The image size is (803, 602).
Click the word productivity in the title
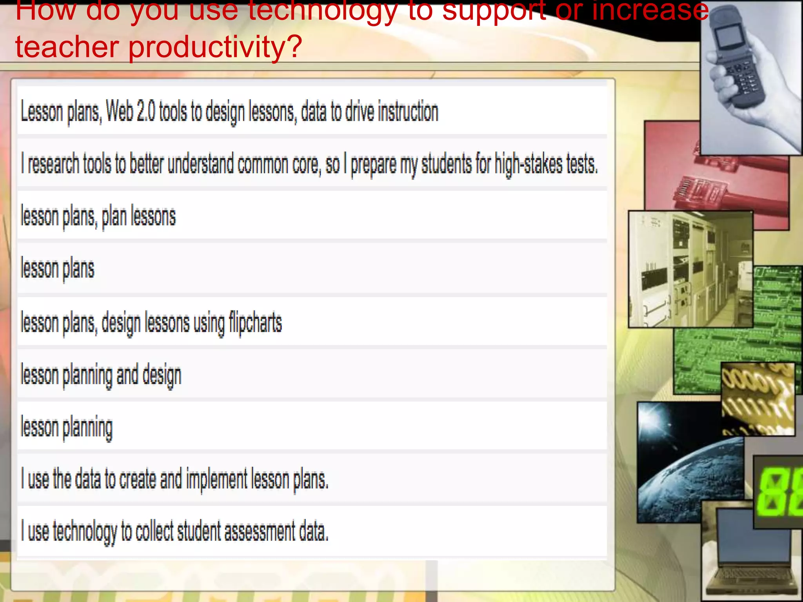pos(215,47)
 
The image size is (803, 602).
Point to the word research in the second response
pos(53,164)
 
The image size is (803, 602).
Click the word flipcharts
pos(255,323)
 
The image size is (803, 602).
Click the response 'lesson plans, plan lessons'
pos(98,216)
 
